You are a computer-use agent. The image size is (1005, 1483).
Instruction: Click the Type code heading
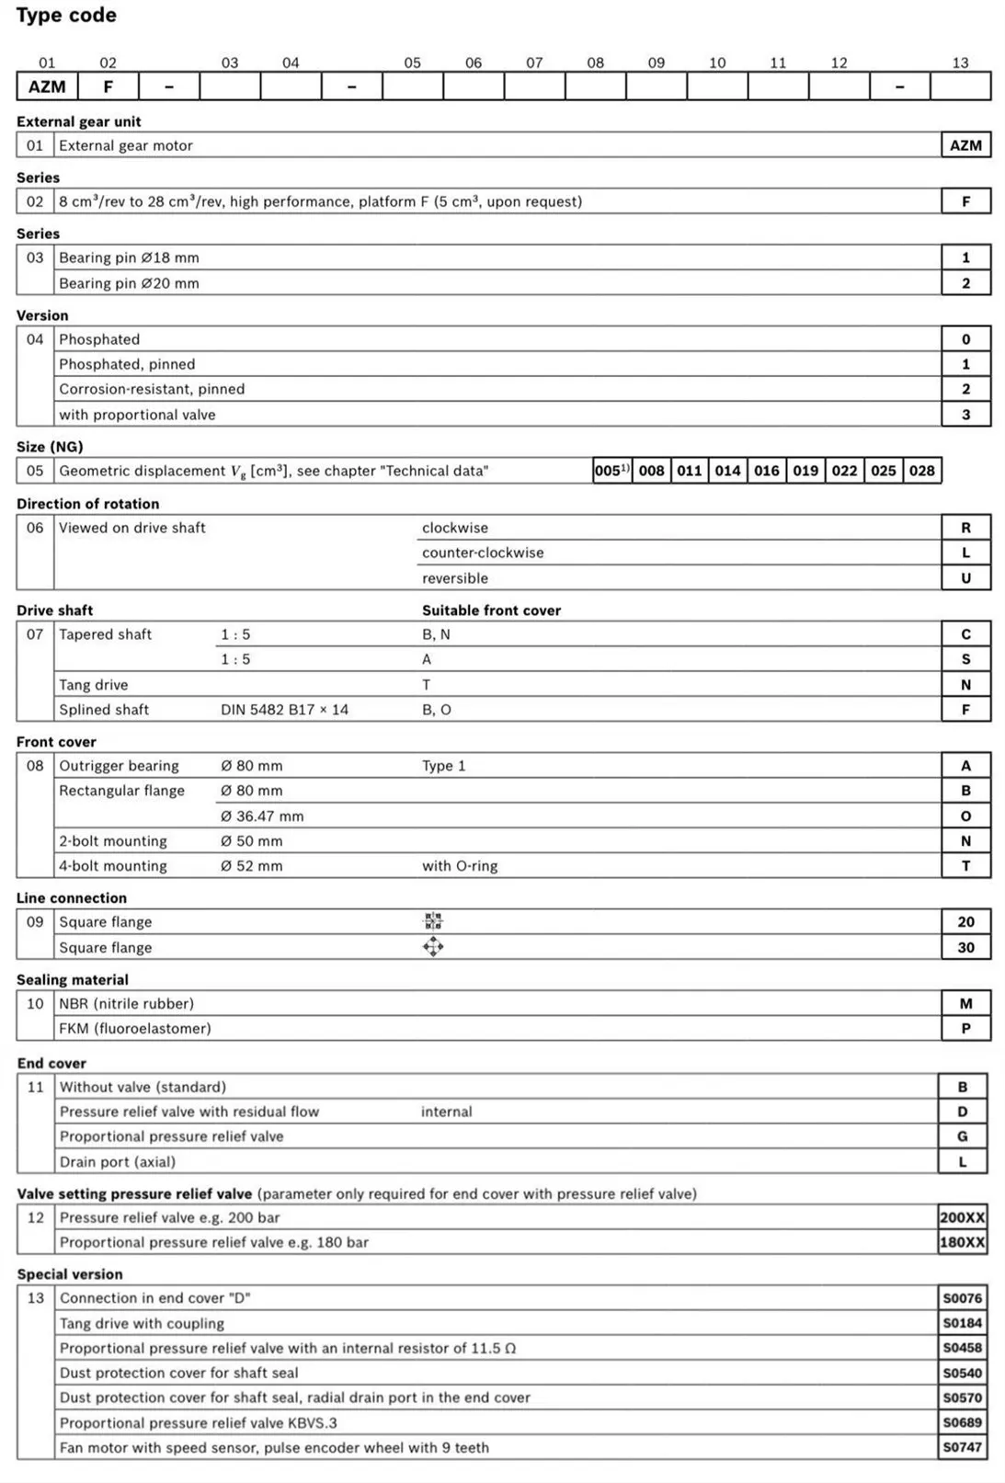point(66,16)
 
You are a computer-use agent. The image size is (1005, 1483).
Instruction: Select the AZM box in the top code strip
point(47,86)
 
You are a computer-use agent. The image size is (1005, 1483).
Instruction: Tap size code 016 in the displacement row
point(767,471)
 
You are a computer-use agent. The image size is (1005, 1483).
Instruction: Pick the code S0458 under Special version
point(962,1348)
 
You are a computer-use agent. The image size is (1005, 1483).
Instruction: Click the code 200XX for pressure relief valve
point(962,1217)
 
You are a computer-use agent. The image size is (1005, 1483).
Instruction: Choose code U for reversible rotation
point(965,578)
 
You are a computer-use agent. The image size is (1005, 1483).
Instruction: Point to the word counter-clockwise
point(483,553)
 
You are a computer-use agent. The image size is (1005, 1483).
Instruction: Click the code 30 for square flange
point(965,947)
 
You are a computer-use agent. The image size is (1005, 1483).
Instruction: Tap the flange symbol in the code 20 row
point(433,921)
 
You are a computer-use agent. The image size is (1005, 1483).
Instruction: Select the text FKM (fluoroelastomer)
point(135,1028)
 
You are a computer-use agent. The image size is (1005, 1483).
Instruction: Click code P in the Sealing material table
point(965,1028)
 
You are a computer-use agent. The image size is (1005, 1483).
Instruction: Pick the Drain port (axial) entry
point(118,1161)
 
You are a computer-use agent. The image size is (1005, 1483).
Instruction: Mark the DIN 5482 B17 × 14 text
point(284,710)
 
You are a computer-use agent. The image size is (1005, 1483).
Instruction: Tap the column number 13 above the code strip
point(960,63)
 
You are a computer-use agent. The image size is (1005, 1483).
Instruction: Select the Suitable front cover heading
point(491,610)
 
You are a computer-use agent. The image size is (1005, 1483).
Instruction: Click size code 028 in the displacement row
point(921,471)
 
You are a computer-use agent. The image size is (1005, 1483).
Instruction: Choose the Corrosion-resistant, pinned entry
point(152,389)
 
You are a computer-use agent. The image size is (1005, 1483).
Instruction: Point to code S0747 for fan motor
point(962,1447)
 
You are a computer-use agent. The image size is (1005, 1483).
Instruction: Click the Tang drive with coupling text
point(142,1323)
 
